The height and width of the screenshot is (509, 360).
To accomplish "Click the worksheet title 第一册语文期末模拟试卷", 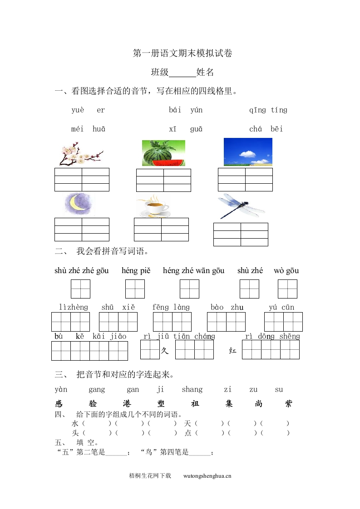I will (182, 54).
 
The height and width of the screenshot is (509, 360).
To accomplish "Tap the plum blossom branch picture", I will (80, 153).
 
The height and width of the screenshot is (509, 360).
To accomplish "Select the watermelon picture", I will (163, 153).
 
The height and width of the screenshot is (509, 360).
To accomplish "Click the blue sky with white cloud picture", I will (247, 152).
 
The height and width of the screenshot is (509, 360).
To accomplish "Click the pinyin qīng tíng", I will (268, 110).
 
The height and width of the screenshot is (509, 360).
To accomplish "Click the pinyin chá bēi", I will (266, 129).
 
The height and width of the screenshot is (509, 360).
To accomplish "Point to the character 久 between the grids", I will (165, 351).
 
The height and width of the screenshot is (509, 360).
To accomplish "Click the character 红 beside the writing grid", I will (232, 351).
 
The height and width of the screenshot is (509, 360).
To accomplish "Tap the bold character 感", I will (59, 404).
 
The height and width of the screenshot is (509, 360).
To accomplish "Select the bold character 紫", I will (289, 404).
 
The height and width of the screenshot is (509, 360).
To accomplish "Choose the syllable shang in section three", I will (192, 390).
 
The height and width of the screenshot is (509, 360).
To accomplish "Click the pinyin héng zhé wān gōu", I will (193, 271).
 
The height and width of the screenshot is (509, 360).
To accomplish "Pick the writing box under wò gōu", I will (287, 289).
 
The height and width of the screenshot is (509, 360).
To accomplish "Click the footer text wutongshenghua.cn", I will (207, 476).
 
